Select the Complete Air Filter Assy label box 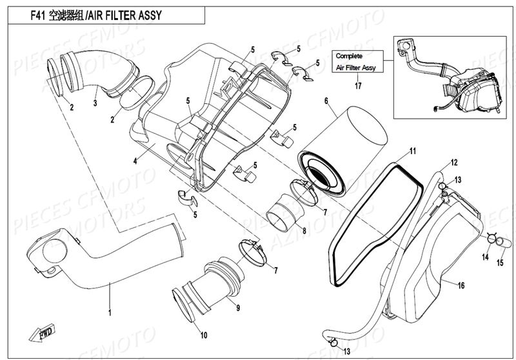coord(356,62)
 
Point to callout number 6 coord(326,101)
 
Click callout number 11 coord(412,152)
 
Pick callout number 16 coord(461,285)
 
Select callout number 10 coord(204,335)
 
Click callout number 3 coord(95,103)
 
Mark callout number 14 coord(486,257)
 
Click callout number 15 coord(499,263)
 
